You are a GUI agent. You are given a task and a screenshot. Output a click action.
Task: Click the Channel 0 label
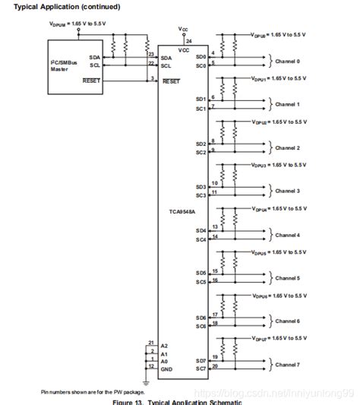pos(287,61)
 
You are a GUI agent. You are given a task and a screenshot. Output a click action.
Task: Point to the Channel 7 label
pos(287,365)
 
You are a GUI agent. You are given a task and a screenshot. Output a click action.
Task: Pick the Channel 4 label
pos(287,235)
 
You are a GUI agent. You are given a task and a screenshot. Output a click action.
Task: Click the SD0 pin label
pos(201,56)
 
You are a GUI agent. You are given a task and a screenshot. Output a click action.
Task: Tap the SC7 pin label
pos(201,369)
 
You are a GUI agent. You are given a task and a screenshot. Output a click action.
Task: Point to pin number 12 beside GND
pos(152,365)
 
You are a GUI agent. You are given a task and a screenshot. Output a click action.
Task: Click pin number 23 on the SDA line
pos(152,54)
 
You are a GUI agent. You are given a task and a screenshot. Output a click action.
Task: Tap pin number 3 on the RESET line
pos(152,78)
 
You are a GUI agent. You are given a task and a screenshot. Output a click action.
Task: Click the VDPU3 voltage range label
pos(278,165)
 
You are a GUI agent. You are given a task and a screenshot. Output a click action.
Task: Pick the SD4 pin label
pos(201,230)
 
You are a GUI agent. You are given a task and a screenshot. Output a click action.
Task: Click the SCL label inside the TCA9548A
pos(166,65)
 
